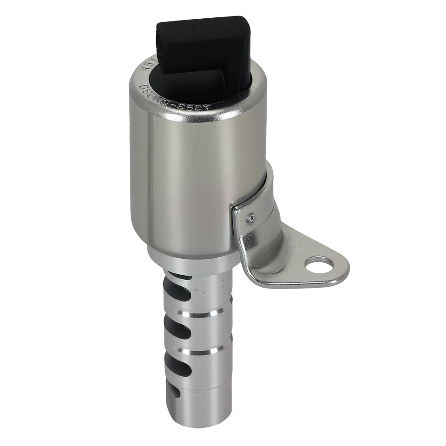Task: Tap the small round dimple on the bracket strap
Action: click(x=251, y=217)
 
